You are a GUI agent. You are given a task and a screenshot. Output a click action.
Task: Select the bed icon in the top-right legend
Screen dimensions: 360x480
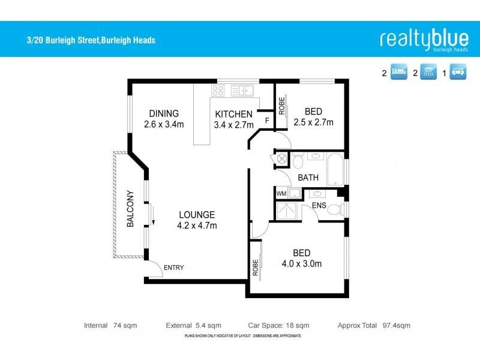pos(400,74)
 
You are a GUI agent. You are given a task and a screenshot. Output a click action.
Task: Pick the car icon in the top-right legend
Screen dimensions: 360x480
pos(458,74)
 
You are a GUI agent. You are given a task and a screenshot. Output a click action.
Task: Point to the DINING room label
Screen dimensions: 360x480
pos(164,113)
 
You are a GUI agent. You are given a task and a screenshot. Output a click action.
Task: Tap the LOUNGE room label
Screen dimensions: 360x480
pos(196,215)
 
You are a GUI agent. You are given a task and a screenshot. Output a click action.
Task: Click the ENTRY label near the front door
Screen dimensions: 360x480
pos(173,268)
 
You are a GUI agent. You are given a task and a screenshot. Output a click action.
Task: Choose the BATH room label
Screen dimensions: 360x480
pos(308,178)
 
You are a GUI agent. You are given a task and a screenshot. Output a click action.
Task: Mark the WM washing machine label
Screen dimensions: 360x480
pos(281,194)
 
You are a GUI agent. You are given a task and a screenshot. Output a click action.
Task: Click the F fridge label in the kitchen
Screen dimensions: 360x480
pos(267,121)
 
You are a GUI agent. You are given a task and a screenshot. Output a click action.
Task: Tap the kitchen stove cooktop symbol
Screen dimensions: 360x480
pos(218,92)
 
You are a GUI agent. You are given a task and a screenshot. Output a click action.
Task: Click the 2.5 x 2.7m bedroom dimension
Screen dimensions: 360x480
pos(313,122)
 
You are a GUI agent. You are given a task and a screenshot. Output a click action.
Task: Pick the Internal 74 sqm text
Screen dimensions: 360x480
pos(110,325)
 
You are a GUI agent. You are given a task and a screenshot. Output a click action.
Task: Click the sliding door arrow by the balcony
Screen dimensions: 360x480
pos(152,215)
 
